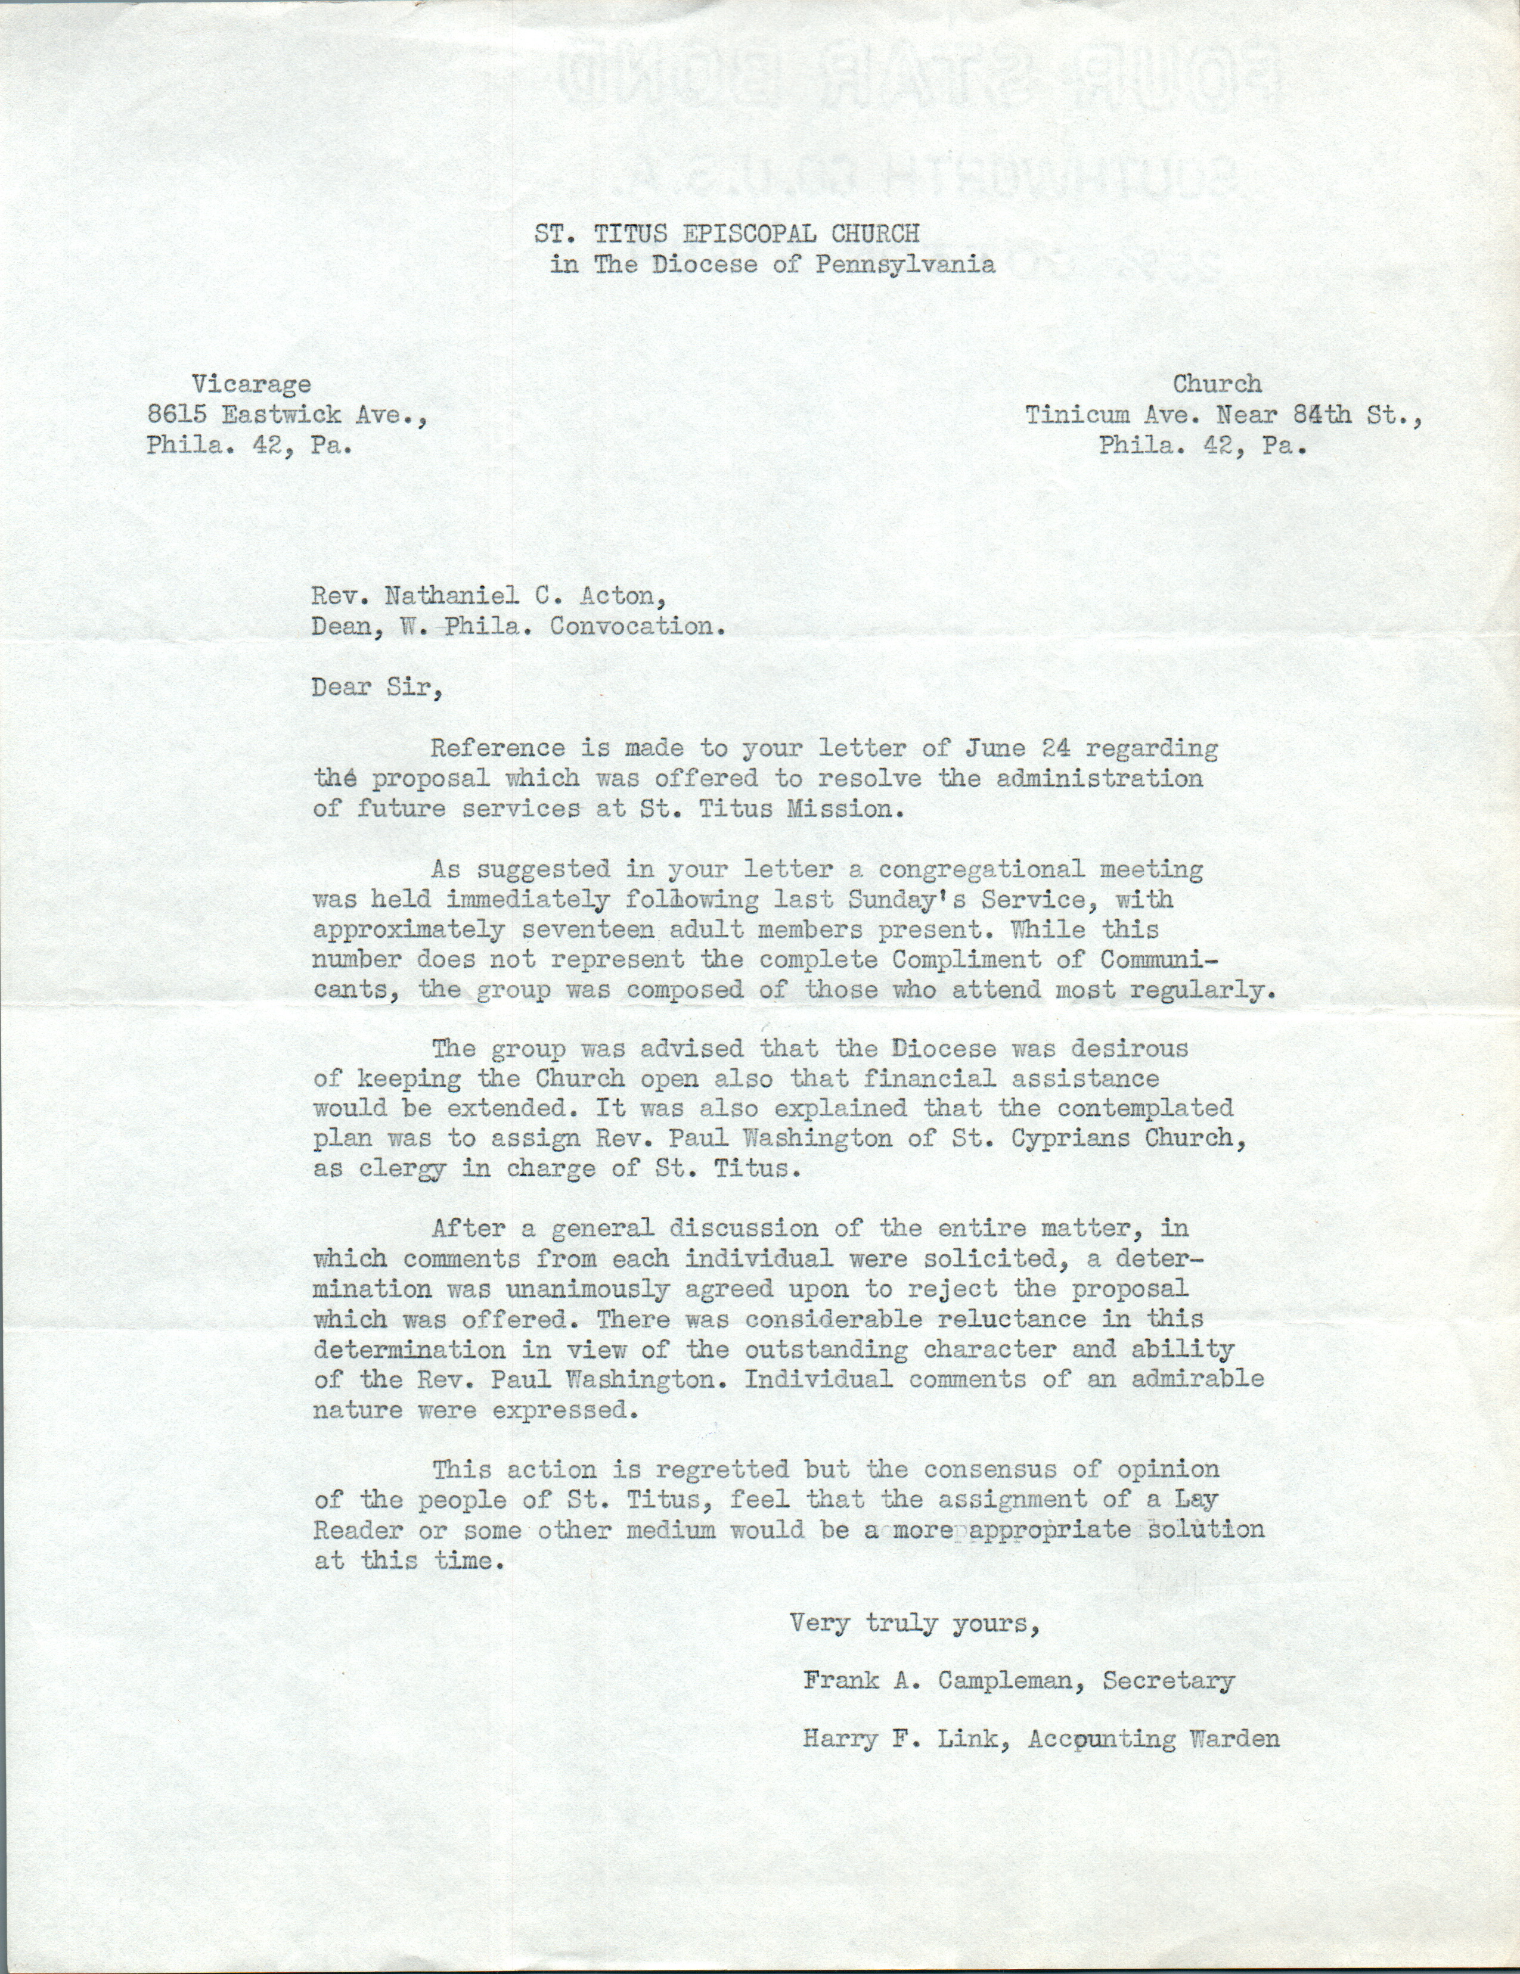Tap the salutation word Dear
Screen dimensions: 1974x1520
click(341, 687)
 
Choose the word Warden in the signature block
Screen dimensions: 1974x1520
click(1233, 1739)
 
